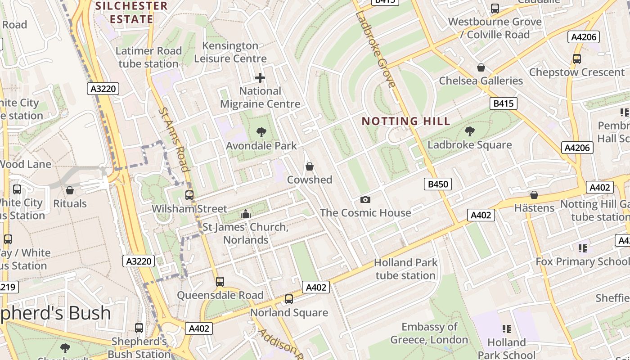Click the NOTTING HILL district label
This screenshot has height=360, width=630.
(x=405, y=121)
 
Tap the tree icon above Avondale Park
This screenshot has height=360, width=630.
(x=261, y=132)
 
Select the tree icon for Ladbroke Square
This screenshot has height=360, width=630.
(x=470, y=131)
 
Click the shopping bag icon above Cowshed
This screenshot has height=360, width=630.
(x=310, y=167)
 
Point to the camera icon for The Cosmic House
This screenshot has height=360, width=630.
(x=365, y=199)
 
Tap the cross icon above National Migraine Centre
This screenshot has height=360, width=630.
(x=260, y=78)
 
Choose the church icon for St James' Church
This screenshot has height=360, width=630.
(x=246, y=214)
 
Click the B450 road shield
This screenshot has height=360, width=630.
(x=437, y=184)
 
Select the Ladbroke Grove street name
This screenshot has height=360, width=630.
(x=375, y=49)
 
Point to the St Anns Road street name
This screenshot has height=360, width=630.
(x=174, y=139)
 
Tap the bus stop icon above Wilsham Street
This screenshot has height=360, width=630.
(x=189, y=195)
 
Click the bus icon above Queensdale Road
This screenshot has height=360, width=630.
(x=220, y=282)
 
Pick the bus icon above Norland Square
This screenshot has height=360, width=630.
(x=289, y=299)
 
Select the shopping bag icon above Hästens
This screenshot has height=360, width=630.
(x=534, y=195)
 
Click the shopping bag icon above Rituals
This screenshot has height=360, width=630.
(x=70, y=190)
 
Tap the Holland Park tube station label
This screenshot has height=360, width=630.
(x=405, y=269)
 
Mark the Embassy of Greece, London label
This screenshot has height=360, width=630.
(x=429, y=333)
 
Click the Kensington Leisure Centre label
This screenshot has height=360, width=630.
(x=230, y=52)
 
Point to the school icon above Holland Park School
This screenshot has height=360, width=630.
(x=506, y=329)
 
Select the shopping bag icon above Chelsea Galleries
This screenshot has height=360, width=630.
(x=481, y=67)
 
